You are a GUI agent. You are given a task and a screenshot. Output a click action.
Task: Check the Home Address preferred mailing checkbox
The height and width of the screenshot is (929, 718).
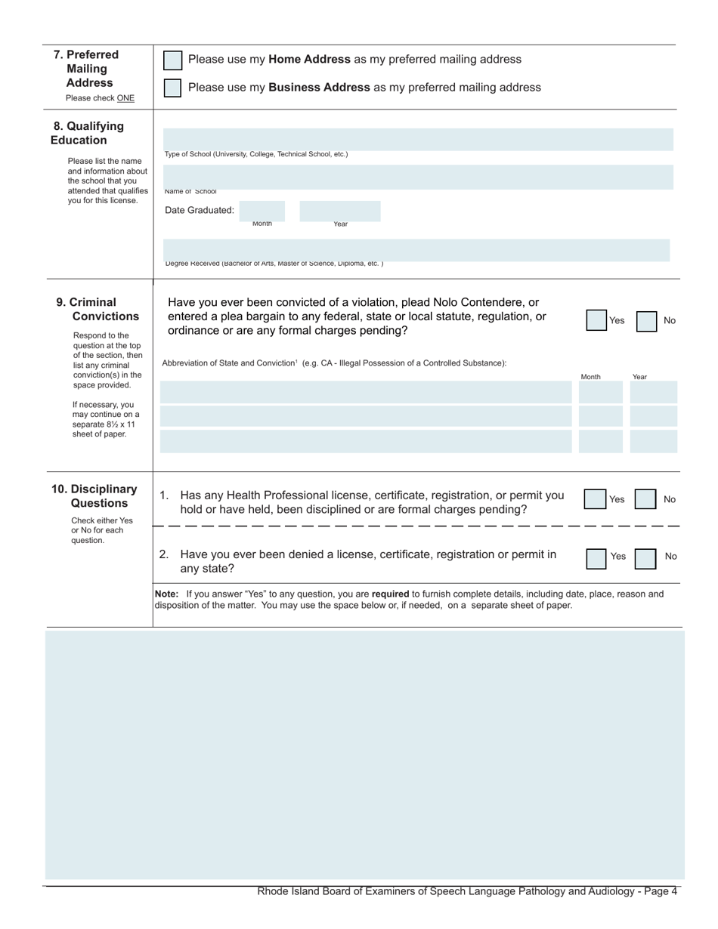pos(173,60)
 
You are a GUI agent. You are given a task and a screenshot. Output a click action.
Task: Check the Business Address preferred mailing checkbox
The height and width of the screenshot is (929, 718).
pos(173,88)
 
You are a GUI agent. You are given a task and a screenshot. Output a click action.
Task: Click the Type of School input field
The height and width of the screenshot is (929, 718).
pos(418,140)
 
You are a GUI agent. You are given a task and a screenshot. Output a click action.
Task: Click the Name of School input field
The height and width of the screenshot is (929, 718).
pos(418,177)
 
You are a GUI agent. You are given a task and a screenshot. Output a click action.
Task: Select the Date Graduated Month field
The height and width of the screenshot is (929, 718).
pos(262,211)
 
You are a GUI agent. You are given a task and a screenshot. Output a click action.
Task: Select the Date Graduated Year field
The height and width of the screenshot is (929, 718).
pos(340,211)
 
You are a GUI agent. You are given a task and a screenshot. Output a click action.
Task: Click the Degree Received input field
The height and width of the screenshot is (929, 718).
pos(416,250)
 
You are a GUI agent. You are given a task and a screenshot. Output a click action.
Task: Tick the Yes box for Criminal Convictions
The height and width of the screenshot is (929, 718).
pos(596,320)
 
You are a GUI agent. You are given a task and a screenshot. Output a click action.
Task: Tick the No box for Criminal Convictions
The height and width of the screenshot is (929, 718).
pos(646,321)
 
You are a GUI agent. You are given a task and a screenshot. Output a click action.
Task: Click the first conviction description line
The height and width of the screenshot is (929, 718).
pos(366,392)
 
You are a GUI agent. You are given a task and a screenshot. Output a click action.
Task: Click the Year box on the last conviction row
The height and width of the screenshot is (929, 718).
pos(654,441)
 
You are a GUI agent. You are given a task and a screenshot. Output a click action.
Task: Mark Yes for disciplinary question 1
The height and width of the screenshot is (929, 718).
pos(595,499)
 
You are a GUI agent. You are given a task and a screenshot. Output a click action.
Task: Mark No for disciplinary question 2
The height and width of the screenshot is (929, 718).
pos(645,558)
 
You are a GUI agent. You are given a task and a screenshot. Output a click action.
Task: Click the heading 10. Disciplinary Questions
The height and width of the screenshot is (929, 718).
pos(95,496)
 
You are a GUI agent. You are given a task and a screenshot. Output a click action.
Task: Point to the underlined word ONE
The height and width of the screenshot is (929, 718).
pos(125,98)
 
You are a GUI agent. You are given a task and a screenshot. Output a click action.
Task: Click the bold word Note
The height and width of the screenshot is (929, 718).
pos(166,594)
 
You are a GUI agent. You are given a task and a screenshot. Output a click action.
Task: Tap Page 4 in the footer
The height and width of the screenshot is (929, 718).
pos(660,891)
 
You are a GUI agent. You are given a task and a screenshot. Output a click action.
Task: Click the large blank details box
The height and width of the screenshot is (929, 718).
pos(365,755)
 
